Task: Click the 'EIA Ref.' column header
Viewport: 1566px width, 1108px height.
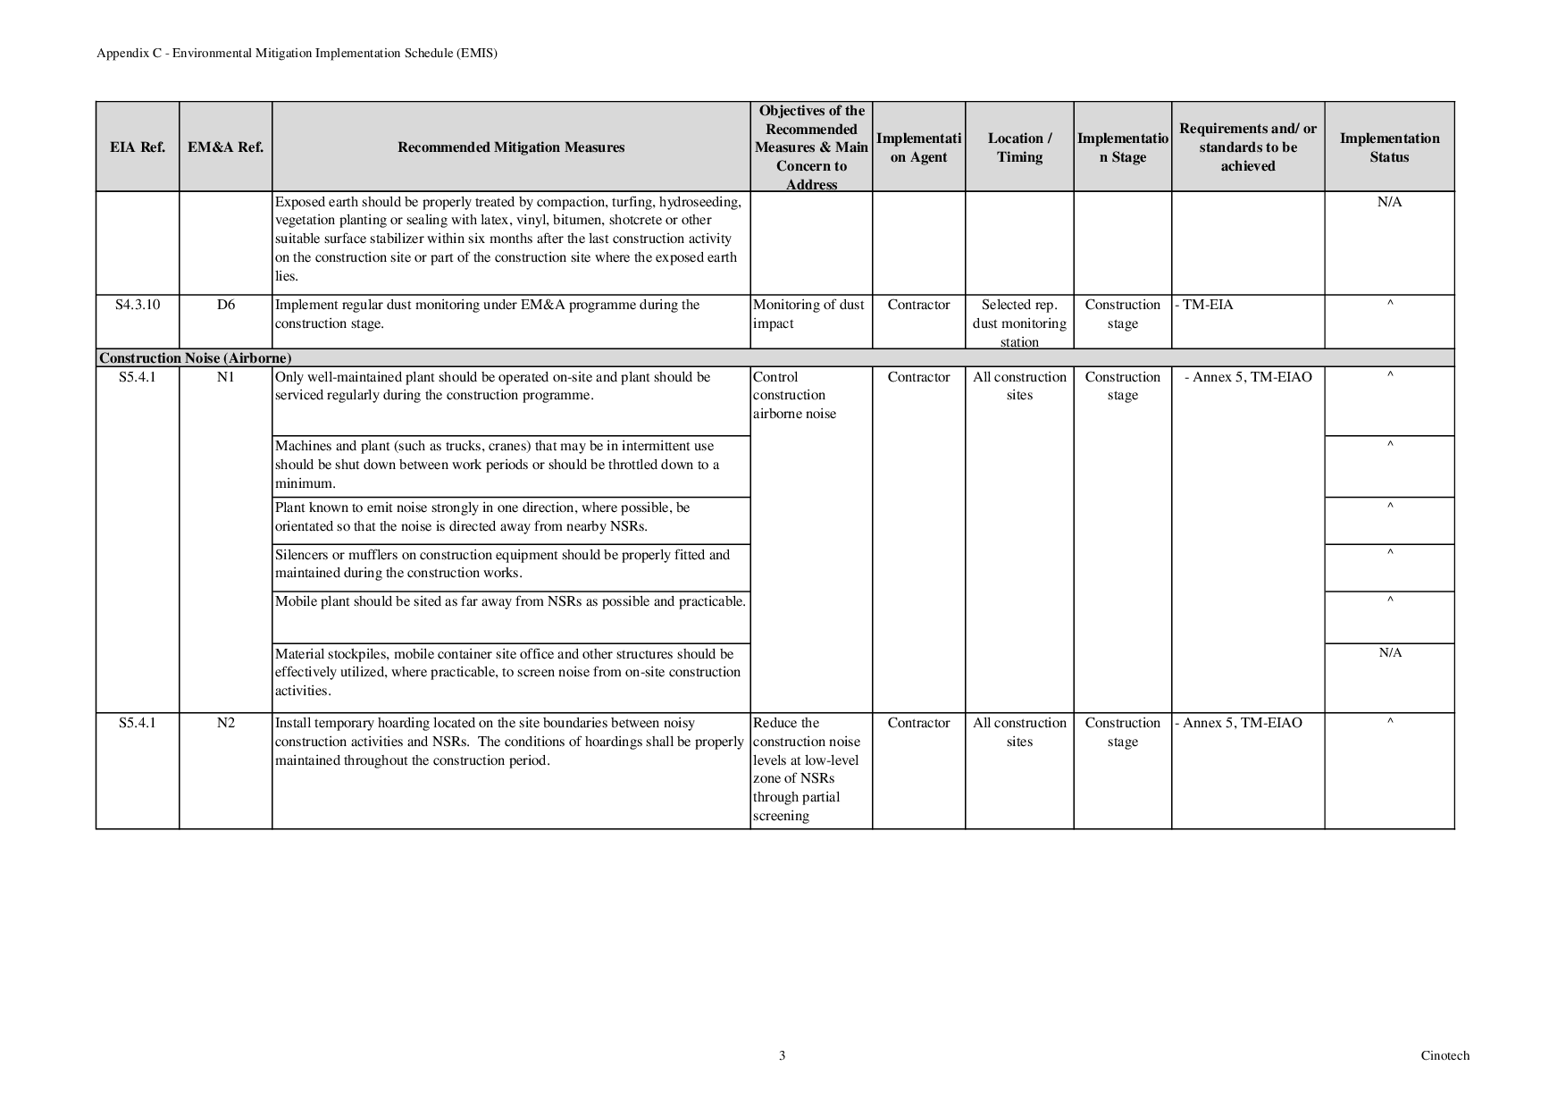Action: pos(137,147)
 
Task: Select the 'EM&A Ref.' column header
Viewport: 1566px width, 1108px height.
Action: pos(225,147)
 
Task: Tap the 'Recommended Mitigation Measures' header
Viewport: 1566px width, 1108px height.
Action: pos(511,147)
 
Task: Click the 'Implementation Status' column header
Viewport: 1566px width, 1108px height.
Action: pos(1389,147)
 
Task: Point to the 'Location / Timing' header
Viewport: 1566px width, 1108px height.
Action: pos(1019,147)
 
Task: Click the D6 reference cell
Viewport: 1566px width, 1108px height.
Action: pos(225,305)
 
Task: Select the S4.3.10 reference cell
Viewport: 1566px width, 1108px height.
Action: pos(137,305)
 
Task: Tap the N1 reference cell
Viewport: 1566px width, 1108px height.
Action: pos(225,377)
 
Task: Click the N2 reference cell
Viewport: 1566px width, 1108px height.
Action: pos(225,723)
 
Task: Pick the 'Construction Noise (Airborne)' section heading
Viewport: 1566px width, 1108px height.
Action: pos(196,358)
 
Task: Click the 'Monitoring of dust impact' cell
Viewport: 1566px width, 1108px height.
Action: pos(808,314)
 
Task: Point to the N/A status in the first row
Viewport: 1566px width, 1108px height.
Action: pos(1389,202)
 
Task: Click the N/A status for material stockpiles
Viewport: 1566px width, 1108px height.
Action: pos(1389,653)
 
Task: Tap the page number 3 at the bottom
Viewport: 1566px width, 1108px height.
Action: pos(782,1055)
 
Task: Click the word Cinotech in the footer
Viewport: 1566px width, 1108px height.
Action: pos(1445,1055)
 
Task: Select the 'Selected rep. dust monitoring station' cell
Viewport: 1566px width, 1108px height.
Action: pos(1019,323)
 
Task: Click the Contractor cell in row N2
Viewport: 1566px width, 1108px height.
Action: pos(918,723)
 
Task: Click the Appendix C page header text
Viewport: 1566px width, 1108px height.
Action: pos(297,53)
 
